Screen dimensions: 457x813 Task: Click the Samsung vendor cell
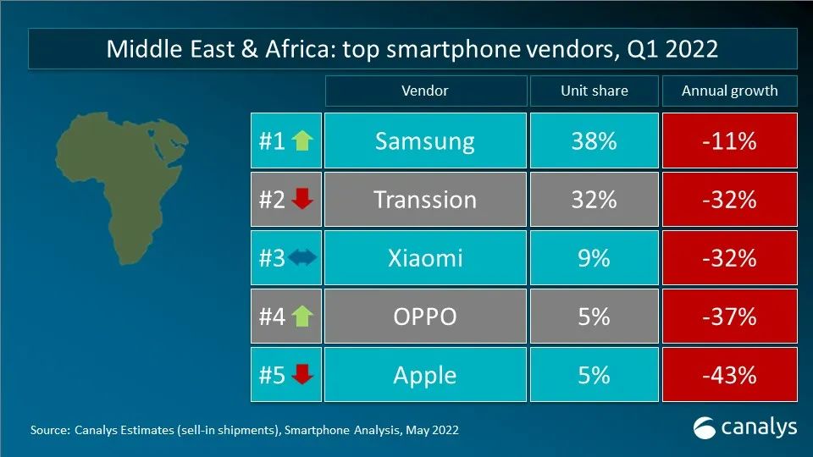[424, 141]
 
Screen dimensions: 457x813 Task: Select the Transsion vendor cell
[424, 200]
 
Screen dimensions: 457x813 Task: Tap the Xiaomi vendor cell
[424, 258]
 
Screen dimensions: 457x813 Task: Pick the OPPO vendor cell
[424, 317]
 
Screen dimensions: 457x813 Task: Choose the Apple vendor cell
[424, 375]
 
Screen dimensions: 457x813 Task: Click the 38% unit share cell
[593, 141]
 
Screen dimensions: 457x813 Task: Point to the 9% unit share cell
[593, 258]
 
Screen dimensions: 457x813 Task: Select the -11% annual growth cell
[729, 141]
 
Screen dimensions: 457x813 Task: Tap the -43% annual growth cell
[729, 375]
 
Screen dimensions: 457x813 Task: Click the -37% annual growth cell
[729, 317]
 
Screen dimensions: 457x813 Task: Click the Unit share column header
[593, 91]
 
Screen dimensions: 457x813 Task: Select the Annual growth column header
[729, 91]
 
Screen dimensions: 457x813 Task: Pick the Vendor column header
[424, 91]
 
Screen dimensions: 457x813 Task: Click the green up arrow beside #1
[302, 141]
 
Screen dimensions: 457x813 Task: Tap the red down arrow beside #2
[302, 201]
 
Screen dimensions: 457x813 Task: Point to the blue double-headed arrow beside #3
[301, 259]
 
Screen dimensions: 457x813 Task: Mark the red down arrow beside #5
[302, 376]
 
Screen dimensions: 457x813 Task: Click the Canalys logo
[744, 428]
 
